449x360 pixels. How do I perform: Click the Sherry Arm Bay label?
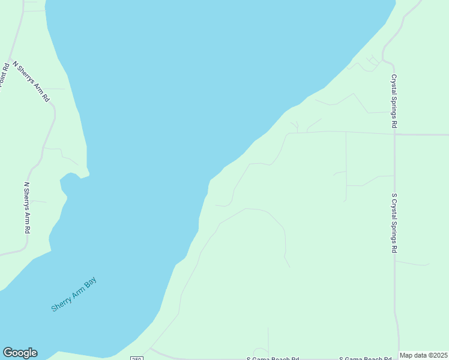(x=74, y=295)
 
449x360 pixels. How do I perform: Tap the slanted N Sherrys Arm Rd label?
(x=31, y=81)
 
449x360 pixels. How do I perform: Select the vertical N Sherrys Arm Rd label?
(x=27, y=208)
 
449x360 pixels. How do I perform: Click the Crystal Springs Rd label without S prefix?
(x=394, y=101)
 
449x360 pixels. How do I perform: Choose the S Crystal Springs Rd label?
(x=394, y=223)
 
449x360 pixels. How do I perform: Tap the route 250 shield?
(x=137, y=358)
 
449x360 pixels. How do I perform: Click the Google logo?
(x=20, y=353)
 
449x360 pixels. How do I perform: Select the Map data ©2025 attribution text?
(x=423, y=355)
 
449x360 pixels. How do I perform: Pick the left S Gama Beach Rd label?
(x=273, y=358)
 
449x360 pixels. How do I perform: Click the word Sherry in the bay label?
(x=61, y=303)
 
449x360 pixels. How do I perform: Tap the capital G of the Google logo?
(x=8, y=353)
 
